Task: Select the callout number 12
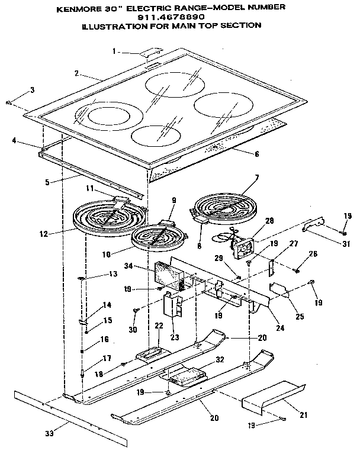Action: [x=44, y=233]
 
